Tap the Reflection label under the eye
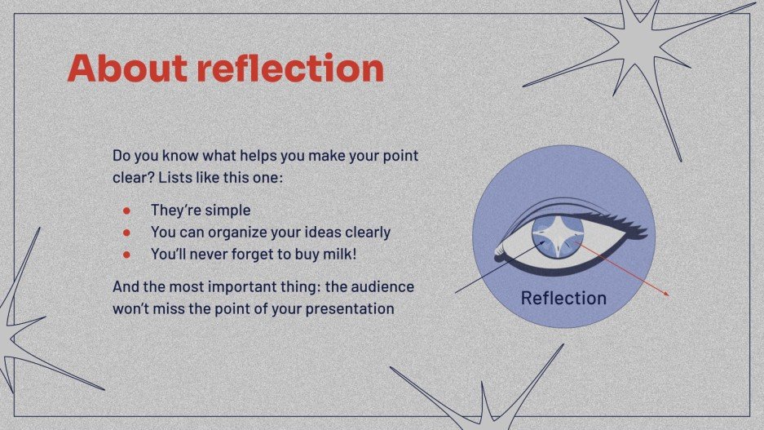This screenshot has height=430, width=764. (x=563, y=298)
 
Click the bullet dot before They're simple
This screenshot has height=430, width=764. (x=126, y=211)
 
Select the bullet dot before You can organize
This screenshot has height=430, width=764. (x=126, y=233)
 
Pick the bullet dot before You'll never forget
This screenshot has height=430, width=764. (x=126, y=255)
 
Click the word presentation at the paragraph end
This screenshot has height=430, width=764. (x=355, y=310)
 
